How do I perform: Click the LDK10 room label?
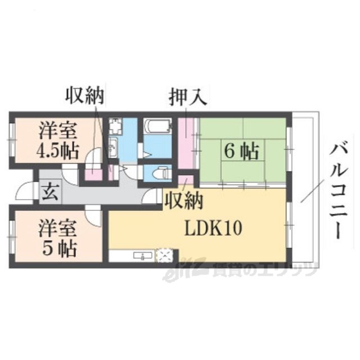tap(214, 228)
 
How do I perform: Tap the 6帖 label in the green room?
tap(241, 151)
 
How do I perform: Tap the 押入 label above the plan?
tap(188, 97)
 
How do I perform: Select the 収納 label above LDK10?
tap(183, 199)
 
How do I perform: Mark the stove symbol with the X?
tap(165, 256)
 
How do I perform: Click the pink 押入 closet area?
tap(187, 141)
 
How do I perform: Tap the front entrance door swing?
tap(25, 192)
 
